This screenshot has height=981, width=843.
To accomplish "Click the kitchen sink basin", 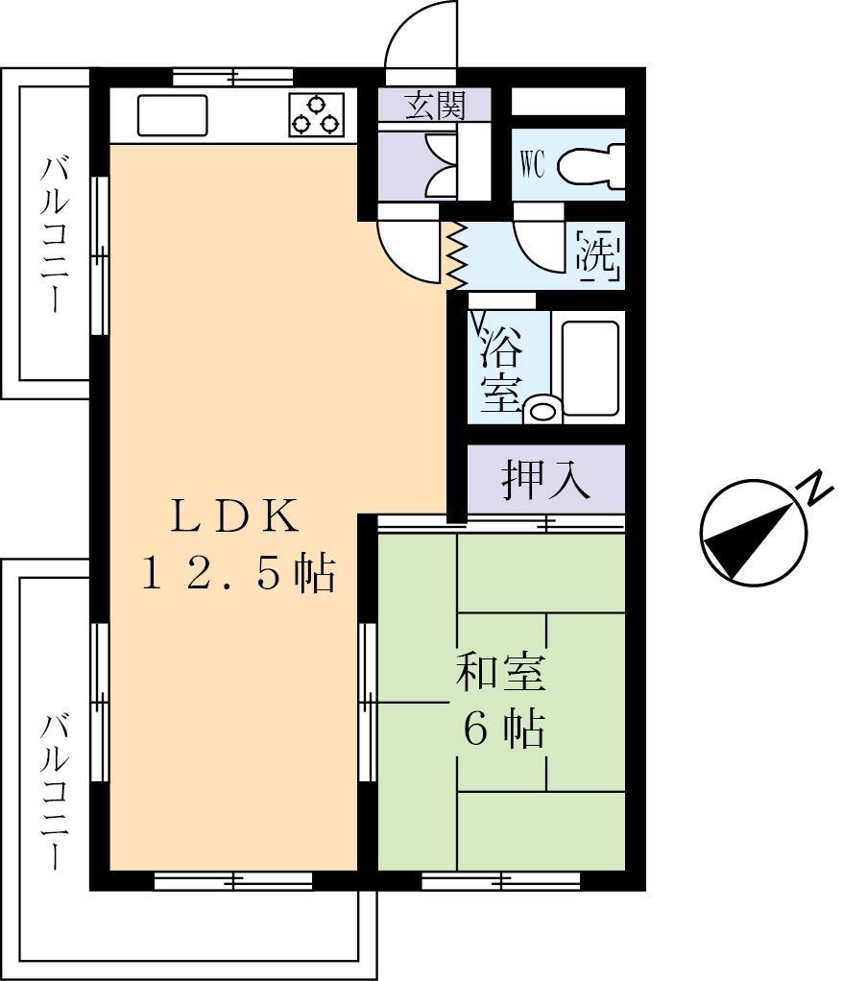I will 173,117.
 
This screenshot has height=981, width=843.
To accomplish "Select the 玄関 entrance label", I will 434,106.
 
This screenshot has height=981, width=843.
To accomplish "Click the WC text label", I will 533,165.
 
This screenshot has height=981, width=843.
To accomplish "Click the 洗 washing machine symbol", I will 599,255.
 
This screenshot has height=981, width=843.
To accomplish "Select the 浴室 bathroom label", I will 502,369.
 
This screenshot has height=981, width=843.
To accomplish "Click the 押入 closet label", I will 545,480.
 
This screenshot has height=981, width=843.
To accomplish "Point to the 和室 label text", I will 499,672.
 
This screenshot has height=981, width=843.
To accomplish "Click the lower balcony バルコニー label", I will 54,790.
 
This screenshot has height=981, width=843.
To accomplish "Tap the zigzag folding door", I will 456,255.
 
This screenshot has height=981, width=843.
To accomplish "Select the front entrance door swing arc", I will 421,38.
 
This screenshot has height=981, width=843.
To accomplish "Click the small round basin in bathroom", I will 542,410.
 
